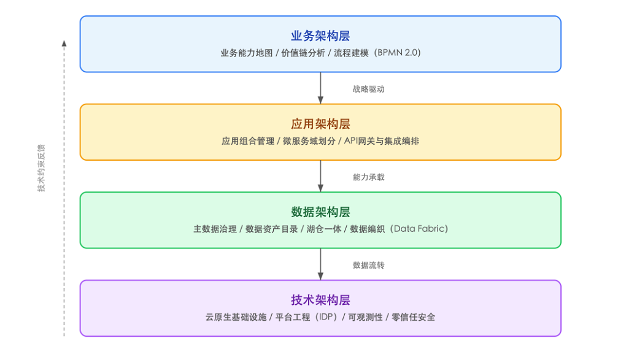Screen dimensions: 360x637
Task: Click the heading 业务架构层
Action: tap(320, 36)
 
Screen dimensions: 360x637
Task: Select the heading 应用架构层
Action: tap(320, 124)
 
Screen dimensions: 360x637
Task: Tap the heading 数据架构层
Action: tap(320, 212)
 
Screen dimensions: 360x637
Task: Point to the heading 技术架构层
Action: tap(320, 301)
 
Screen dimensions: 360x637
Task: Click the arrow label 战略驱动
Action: tap(368, 89)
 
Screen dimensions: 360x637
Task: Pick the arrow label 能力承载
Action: tap(368, 177)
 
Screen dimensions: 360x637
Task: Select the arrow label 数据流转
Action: tap(368, 266)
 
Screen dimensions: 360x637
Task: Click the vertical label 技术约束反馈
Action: tap(41, 169)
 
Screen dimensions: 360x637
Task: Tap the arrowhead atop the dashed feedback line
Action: tap(64, 43)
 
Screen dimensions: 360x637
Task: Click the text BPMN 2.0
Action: tap(400, 53)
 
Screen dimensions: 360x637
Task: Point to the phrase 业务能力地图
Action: tap(246, 53)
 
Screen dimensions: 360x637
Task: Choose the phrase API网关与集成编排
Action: tap(382, 141)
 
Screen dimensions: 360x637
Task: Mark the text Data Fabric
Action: tap(420, 229)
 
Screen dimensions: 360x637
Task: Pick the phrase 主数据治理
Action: tap(215, 229)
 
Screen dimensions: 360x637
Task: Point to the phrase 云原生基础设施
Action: tap(236, 317)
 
